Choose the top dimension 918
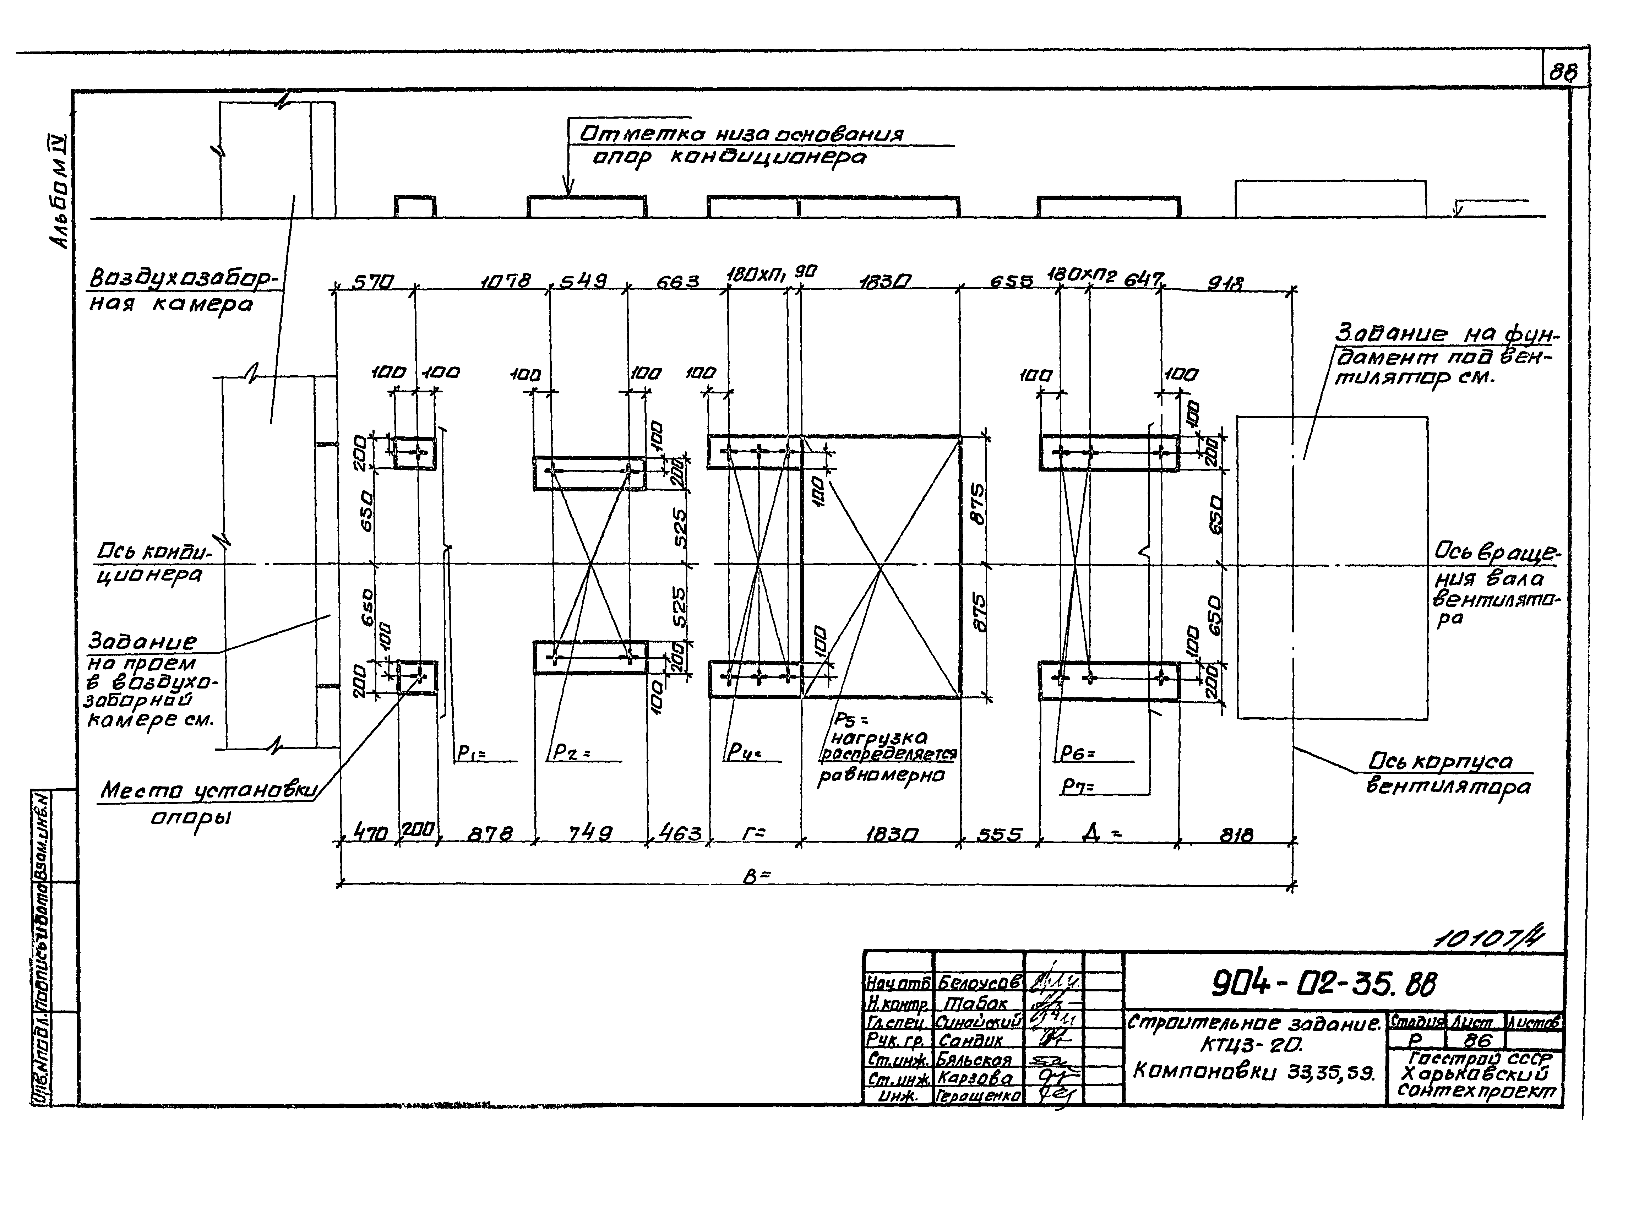[x=1225, y=283]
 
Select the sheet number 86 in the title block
[x=1476, y=1040]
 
